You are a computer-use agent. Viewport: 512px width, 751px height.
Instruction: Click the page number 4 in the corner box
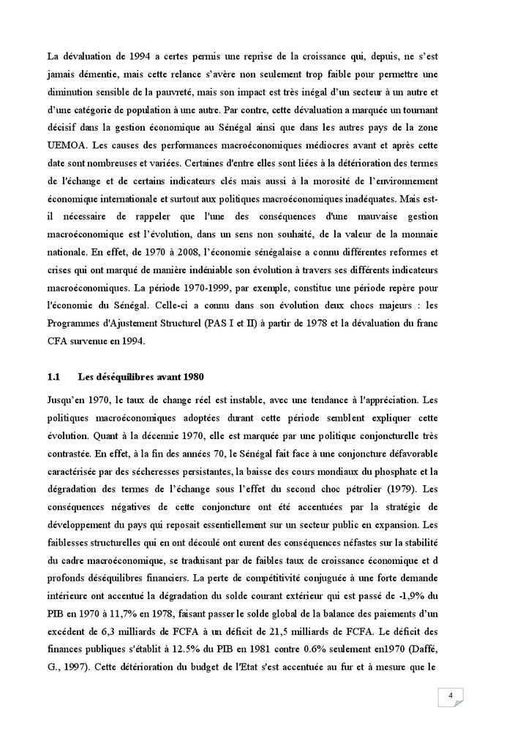point(451,695)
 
